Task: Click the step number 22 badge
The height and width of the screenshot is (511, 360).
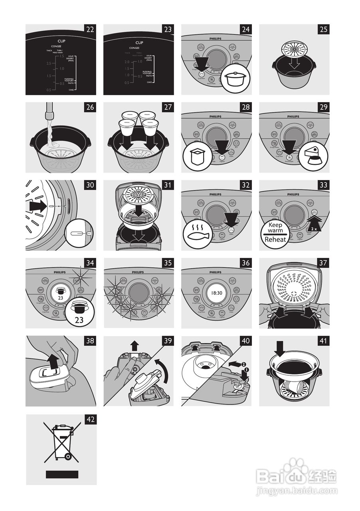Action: click(x=90, y=29)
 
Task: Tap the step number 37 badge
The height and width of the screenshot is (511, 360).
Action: click(x=324, y=263)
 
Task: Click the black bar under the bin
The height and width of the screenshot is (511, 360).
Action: click(x=61, y=474)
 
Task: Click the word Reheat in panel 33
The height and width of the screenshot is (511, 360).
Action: click(x=275, y=240)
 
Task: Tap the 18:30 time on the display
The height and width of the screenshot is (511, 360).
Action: click(x=217, y=293)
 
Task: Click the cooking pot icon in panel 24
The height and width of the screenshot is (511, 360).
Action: click(x=237, y=79)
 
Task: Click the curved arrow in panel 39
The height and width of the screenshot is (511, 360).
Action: click(x=161, y=368)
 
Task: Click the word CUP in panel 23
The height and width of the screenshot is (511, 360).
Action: click(x=139, y=42)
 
